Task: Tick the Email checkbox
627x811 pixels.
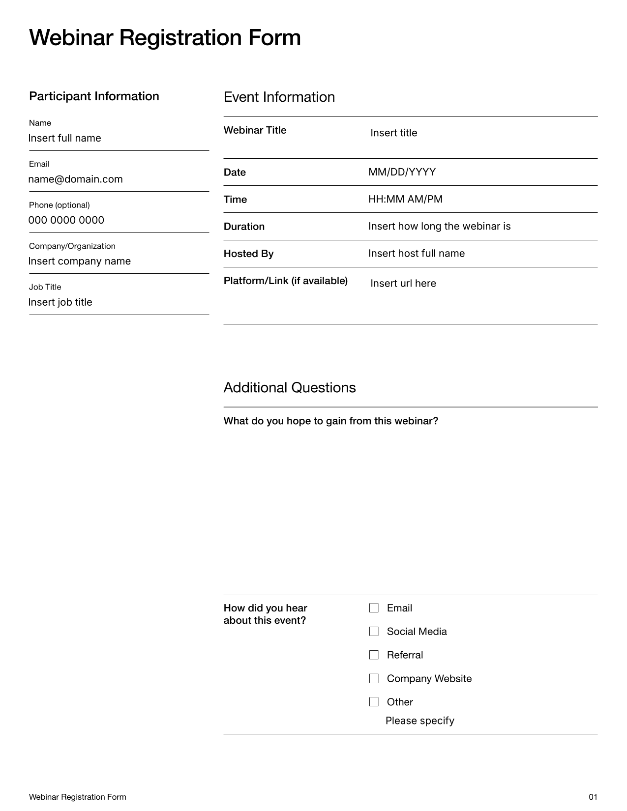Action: pyautogui.click(x=374, y=608)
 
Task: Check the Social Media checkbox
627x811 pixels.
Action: pyautogui.click(x=374, y=632)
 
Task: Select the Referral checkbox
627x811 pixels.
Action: pyautogui.click(x=374, y=655)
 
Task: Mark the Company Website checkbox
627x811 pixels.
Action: pyautogui.click(x=374, y=679)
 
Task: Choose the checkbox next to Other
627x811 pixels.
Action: pyautogui.click(x=374, y=702)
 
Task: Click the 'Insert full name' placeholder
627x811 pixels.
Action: pyautogui.click(x=64, y=138)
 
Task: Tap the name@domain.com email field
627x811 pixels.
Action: pyautogui.click(x=75, y=179)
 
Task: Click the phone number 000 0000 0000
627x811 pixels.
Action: pyautogui.click(x=66, y=220)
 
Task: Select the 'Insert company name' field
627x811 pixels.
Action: pyautogui.click(x=79, y=261)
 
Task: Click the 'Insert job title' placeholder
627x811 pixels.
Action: pyautogui.click(x=60, y=302)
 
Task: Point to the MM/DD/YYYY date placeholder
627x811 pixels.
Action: pyautogui.click(x=402, y=172)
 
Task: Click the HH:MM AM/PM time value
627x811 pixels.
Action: pyautogui.click(x=405, y=199)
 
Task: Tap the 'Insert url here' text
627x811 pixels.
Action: pyautogui.click(x=403, y=284)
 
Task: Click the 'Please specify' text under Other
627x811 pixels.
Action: pyautogui.click(x=419, y=721)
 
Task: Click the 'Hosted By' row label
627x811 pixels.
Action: pyautogui.click(x=248, y=254)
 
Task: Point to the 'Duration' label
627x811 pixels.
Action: pyautogui.click(x=244, y=227)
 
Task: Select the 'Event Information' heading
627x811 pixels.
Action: pyautogui.click(x=279, y=97)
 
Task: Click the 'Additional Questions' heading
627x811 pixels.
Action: pyautogui.click(x=289, y=388)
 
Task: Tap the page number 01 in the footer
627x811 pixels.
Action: pyautogui.click(x=593, y=797)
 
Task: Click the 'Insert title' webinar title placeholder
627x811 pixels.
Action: pyautogui.click(x=393, y=133)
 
